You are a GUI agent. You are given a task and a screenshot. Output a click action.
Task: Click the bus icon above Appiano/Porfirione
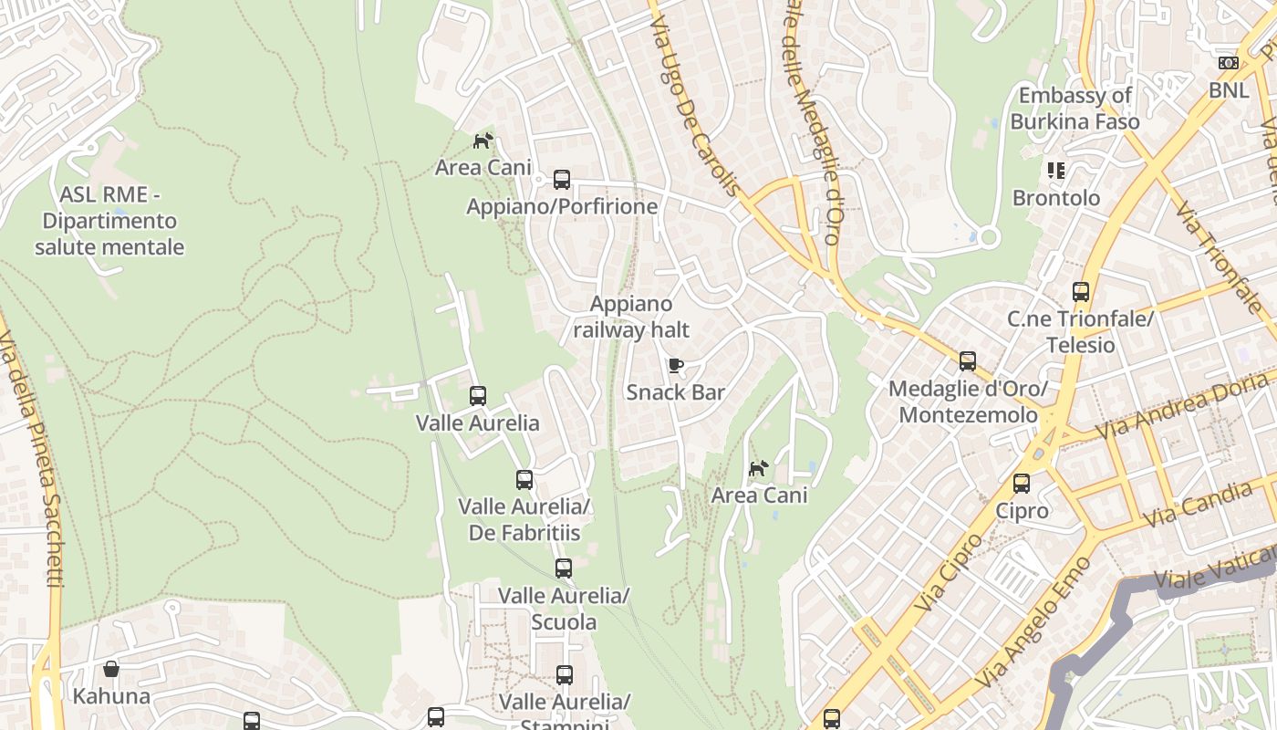pos(562,180)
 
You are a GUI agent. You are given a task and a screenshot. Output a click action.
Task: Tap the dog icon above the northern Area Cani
pos(483,141)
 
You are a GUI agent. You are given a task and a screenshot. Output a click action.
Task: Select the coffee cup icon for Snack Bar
pos(675,366)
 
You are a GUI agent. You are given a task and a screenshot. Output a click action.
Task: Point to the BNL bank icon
pos(1229,63)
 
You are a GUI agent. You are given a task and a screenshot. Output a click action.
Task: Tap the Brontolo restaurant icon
pos(1056,171)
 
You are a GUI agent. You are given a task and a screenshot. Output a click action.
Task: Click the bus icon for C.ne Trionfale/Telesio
pos(1081,292)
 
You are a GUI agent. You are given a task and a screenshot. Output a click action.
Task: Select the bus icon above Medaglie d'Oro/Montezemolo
pos(968,361)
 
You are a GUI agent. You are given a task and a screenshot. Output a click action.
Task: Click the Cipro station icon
pos(1022,484)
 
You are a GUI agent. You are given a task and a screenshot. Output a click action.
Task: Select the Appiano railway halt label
pos(631,317)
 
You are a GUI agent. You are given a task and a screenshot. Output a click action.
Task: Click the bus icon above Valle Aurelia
pos(478,396)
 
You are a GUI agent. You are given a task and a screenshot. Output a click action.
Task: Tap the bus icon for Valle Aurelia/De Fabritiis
pos(524,480)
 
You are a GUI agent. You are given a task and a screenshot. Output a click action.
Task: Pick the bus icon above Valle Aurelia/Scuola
pos(564,568)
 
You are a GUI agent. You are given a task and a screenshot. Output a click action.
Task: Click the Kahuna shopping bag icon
pos(111,670)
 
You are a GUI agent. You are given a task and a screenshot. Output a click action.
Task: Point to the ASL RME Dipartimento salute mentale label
pos(109,221)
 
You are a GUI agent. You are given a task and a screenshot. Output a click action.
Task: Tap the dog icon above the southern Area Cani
pos(759,469)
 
